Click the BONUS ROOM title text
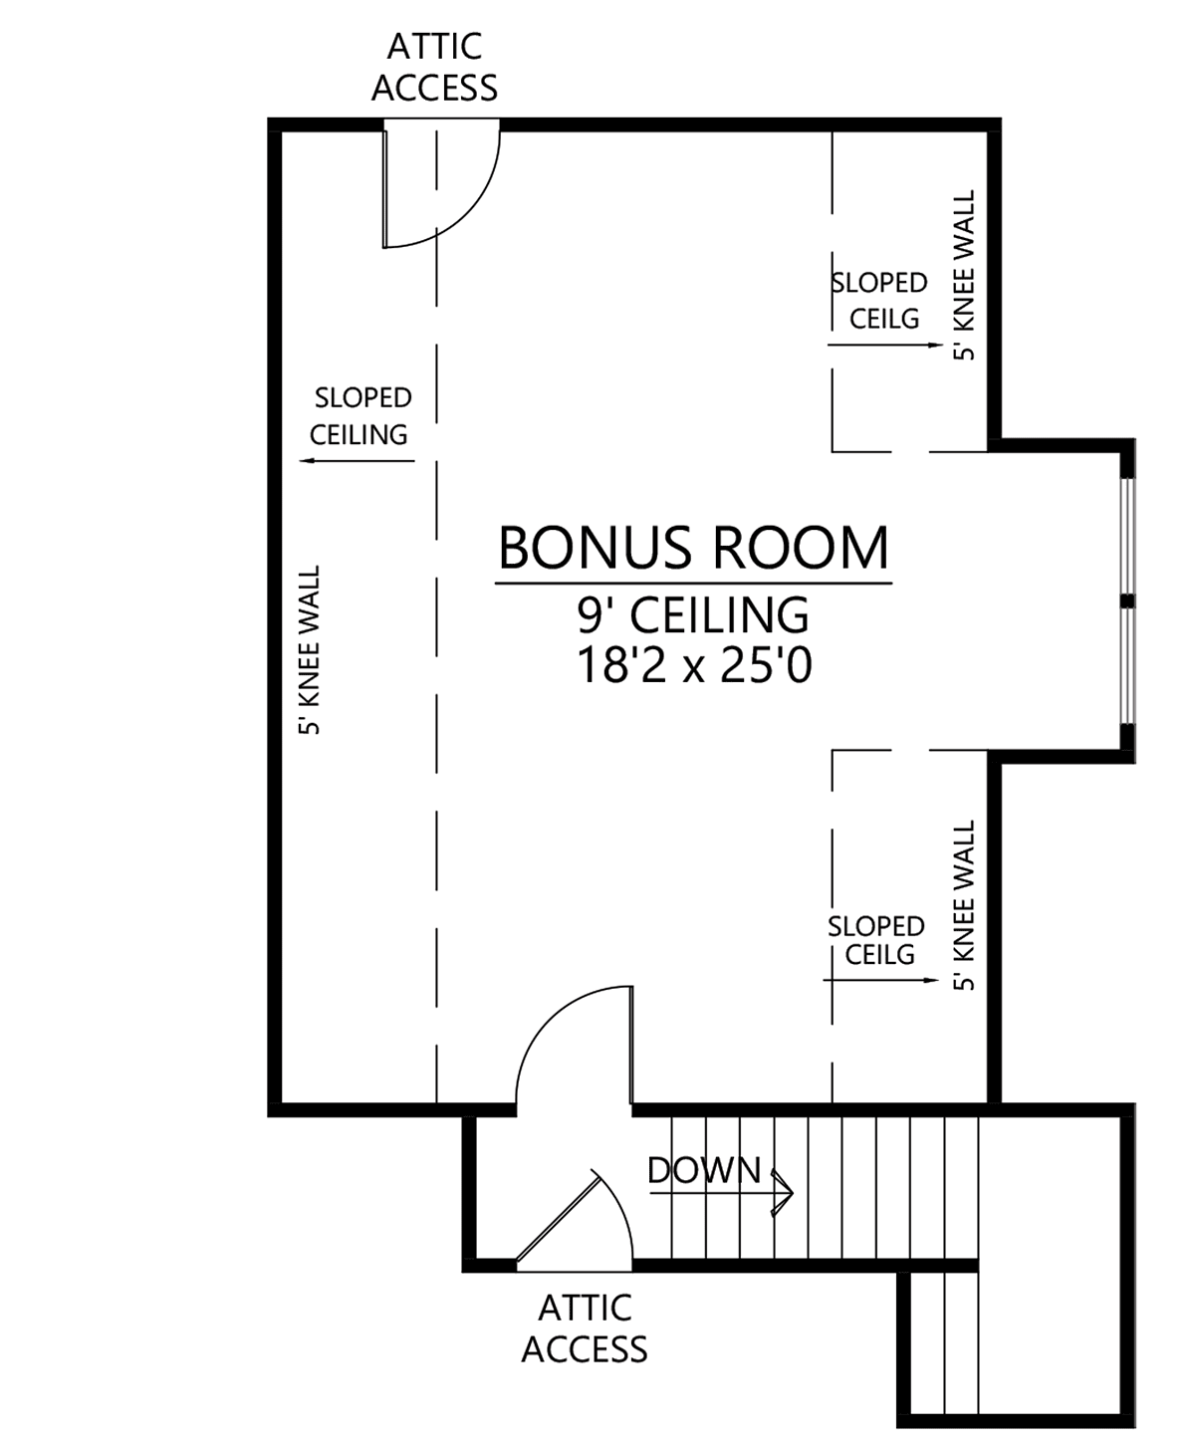click(x=693, y=548)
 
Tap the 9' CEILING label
click(x=693, y=615)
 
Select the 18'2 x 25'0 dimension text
click(x=694, y=666)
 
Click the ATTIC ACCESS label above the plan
click(x=434, y=67)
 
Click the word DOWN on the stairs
click(x=704, y=1170)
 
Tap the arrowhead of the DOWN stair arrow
click(x=784, y=1193)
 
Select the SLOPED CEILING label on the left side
click(x=359, y=415)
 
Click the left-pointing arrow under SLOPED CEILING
click(x=357, y=461)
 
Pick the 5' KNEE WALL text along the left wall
click(x=309, y=650)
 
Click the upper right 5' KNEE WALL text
click(x=964, y=275)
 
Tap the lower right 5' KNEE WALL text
click(x=964, y=905)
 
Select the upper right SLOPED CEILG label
click(x=880, y=301)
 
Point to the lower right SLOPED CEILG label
click(x=877, y=940)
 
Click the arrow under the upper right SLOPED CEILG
click(x=885, y=345)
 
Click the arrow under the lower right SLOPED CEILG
click(x=881, y=980)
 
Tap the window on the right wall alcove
click(x=1126, y=601)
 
